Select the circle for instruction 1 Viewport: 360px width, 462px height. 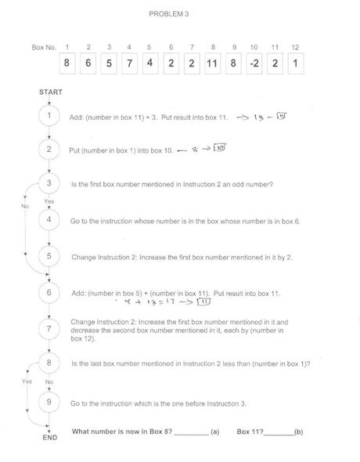tap(49, 116)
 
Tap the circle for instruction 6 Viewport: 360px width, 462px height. tap(49, 292)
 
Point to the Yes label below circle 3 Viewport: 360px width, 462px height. tap(49, 201)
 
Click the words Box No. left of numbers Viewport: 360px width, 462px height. tap(45, 48)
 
